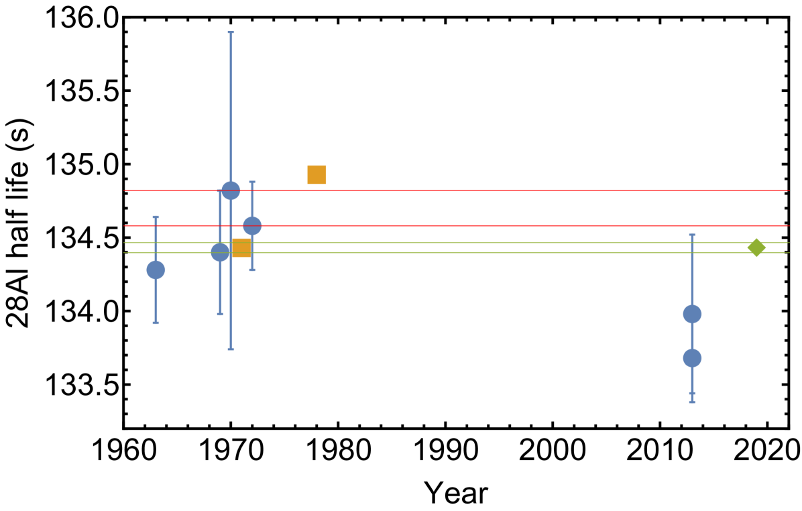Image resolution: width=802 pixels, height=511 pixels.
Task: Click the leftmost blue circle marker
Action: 156,270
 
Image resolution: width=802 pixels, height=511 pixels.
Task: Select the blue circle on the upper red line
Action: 231,190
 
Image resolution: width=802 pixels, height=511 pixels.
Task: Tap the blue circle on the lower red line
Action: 252,226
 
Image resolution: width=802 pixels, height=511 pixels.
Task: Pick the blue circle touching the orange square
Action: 219,252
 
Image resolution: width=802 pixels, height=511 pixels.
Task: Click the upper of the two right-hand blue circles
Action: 692,314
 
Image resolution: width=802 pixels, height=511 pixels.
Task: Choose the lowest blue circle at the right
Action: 692,358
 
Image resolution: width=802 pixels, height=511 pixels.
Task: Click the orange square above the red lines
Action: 317,174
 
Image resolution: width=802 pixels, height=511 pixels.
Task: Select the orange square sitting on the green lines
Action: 241,247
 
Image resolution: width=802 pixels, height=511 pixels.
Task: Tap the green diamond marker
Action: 756,247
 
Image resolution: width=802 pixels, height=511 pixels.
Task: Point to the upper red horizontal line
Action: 469,190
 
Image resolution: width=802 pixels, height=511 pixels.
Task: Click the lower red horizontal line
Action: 469,225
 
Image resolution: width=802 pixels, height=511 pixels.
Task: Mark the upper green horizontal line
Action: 469,242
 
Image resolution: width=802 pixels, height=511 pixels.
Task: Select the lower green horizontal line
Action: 469,253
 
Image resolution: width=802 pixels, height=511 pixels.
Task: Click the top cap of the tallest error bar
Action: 231,32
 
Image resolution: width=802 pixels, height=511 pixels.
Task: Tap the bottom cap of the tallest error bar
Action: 231,349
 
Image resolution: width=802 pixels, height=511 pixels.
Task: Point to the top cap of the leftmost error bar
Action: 156,217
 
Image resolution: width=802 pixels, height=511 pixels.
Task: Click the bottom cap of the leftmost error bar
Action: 156,323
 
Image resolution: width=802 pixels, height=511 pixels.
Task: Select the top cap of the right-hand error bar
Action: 692,235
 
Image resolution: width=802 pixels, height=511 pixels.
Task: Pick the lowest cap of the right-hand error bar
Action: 692,402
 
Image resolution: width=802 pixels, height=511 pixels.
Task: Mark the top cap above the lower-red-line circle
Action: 252,182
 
